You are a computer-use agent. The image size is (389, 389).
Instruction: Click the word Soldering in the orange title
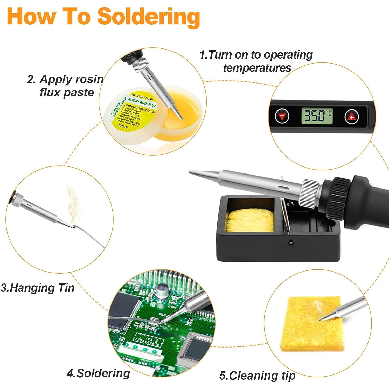tap(148, 17)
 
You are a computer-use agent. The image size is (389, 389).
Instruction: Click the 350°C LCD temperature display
tap(317, 116)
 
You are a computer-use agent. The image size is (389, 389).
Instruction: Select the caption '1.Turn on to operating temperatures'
tap(256, 61)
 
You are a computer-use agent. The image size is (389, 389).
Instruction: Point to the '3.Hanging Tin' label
tap(38, 288)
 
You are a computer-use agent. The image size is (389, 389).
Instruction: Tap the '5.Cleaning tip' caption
tap(257, 376)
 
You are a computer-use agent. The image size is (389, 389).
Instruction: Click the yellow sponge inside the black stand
tap(250, 220)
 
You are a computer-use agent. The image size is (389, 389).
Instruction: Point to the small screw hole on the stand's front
tap(291, 242)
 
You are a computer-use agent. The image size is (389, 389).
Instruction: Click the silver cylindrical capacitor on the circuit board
tap(162, 290)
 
